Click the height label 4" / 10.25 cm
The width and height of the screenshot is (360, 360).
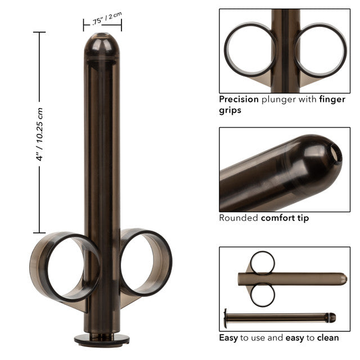pyautogui.click(x=39, y=133)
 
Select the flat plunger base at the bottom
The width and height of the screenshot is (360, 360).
pyautogui.click(x=102, y=339)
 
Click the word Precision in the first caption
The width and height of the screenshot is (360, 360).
pyautogui.click(x=239, y=100)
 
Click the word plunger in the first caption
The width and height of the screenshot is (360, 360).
pyautogui.click(x=280, y=100)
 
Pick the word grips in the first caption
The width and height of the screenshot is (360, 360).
pyautogui.click(x=229, y=111)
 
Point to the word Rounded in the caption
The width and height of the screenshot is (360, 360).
pyautogui.click(x=238, y=218)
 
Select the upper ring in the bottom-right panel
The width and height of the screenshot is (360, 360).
pyautogui.click(x=262, y=262)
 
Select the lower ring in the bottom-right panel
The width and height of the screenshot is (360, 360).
pyautogui.click(x=262, y=295)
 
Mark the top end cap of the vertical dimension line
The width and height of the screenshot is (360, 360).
pyautogui.click(x=39, y=33)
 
